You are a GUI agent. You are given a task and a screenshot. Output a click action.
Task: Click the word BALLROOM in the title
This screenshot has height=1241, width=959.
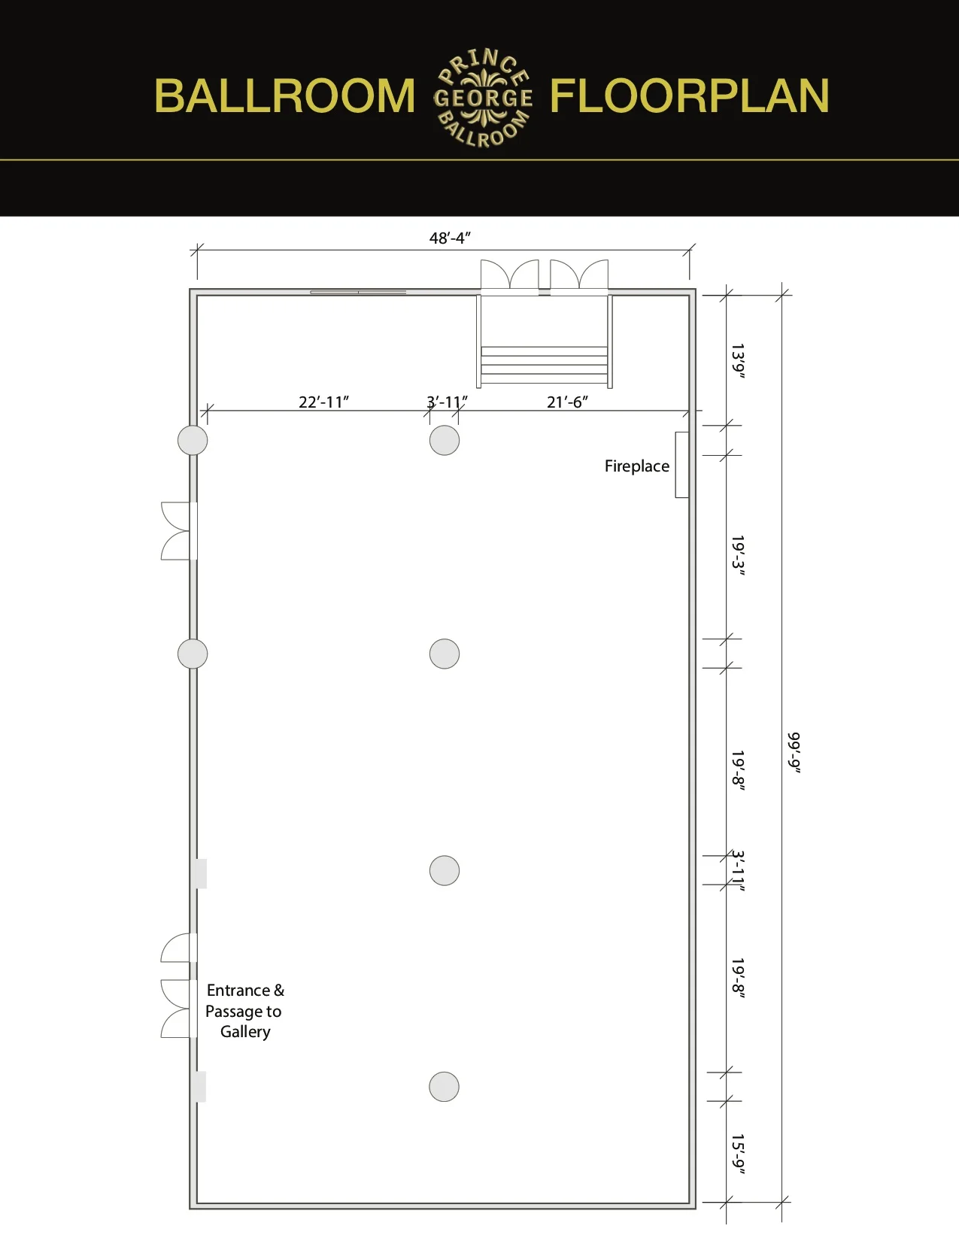click(284, 96)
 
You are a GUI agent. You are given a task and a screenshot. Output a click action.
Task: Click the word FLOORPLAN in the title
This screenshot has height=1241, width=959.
click(689, 96)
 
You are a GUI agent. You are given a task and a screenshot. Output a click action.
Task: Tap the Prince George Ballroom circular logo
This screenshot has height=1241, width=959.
click(483, 98)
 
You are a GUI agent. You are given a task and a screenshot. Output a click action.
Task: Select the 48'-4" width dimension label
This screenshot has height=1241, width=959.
click(450, 238)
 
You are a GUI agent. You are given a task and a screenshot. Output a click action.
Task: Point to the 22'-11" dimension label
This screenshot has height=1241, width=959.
click(323, 402)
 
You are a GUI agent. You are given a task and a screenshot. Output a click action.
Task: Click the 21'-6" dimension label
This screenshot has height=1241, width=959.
click(567, 402)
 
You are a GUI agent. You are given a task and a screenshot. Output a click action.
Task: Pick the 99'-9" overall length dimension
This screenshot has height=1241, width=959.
click(794, 751)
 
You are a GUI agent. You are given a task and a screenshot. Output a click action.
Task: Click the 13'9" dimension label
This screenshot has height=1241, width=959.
click(738, 361)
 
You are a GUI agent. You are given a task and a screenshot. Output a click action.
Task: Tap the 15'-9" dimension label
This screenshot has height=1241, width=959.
click(738, 1154)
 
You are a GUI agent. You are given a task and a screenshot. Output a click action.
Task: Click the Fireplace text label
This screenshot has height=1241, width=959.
click(636, 466)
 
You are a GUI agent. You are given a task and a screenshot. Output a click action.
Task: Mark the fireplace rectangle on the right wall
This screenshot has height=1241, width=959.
click(681, 465)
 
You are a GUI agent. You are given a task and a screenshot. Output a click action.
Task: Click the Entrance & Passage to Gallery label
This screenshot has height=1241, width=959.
click(244, 1011)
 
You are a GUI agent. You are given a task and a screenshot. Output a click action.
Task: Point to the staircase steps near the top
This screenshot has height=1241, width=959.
click(544, 365)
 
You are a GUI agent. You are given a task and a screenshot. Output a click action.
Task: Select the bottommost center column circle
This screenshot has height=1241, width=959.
click(444, 1087)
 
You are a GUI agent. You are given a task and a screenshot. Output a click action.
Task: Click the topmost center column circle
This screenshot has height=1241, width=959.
click(444, 441)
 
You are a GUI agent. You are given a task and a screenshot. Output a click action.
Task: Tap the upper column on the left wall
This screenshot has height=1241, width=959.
click(193, 441)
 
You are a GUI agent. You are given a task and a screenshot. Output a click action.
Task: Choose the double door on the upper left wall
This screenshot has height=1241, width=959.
click(178, 531)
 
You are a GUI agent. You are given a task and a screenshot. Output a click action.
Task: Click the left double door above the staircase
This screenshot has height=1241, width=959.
click(510, 275)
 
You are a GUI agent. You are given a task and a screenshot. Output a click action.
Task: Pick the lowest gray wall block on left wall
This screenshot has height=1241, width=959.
click(199, 1087)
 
